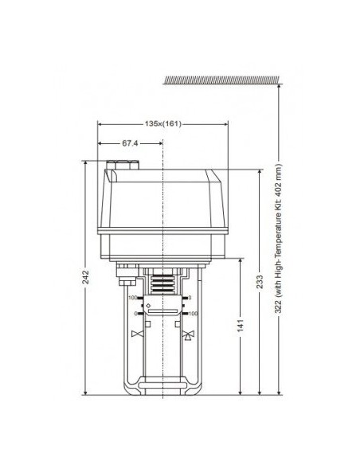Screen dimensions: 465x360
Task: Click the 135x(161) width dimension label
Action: (162, 124)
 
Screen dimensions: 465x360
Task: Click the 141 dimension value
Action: (241, 326)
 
